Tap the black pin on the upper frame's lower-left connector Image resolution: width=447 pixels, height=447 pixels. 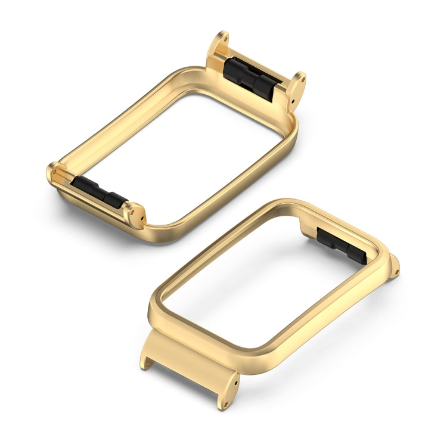click(98, 193)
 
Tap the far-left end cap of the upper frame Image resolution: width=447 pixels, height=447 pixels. click(52, 172)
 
